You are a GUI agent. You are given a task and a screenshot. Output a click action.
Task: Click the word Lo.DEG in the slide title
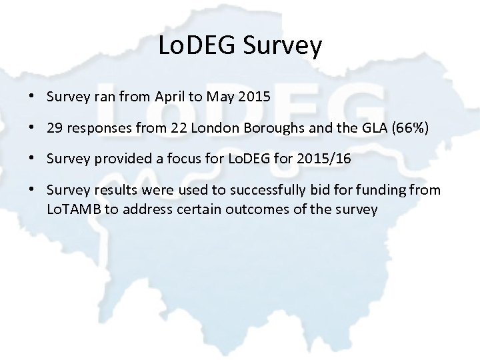tap(198, 46)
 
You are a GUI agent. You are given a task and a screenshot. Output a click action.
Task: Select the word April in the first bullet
tap(169, 97)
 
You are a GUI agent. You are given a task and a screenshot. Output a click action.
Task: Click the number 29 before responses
tap(55, 128)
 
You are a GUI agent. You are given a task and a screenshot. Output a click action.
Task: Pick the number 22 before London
tap(179, 128)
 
